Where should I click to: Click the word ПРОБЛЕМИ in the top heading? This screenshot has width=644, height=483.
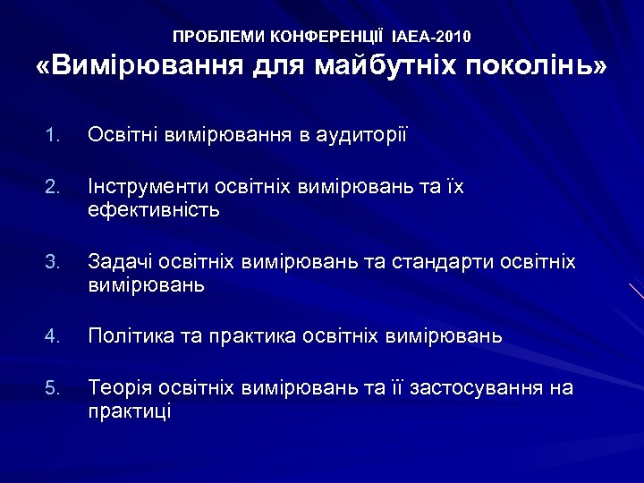212,37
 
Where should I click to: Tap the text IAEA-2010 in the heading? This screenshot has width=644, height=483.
431,37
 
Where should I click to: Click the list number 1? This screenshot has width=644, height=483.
52,136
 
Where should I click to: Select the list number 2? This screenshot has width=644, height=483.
52,188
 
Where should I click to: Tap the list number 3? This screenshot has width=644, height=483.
52,263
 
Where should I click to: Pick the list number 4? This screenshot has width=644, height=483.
52,337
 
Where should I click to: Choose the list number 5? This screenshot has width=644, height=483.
52,389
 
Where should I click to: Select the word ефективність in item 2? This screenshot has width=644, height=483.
154,211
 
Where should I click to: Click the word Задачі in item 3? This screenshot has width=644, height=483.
120,263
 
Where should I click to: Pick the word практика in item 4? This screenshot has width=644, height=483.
247,337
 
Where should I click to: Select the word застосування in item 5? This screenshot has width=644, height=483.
483,389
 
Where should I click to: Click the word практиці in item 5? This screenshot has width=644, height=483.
130,412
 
